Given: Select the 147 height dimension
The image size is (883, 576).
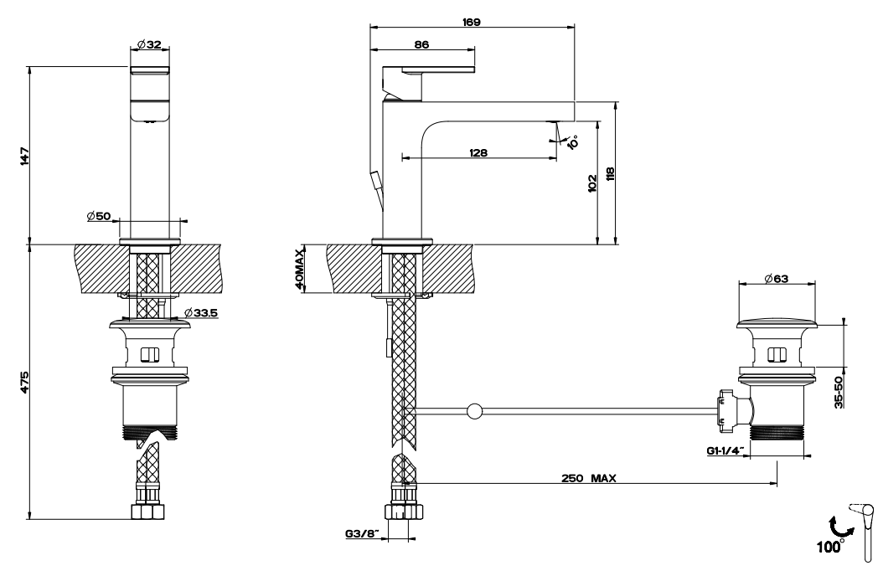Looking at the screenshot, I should pos(24,156).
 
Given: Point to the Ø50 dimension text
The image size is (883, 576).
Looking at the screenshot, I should pos(98,217).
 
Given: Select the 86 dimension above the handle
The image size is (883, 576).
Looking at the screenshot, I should pos(423,46).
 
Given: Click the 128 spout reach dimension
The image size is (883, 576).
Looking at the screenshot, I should pos(479,152).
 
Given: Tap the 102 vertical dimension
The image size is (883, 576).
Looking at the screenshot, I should pos(592,183).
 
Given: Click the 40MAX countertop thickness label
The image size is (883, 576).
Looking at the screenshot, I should pos(299,269).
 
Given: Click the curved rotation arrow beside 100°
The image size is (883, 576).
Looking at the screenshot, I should pos(836,526).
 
